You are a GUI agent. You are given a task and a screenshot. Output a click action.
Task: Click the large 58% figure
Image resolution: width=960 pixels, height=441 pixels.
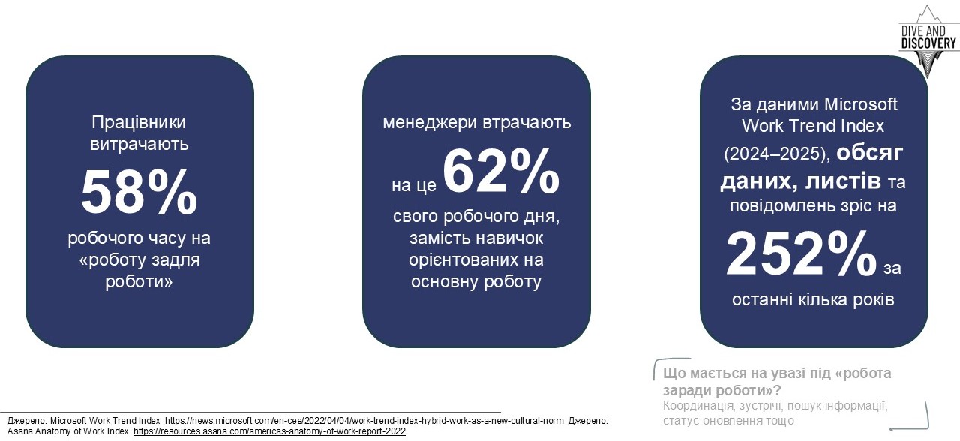point(139,192)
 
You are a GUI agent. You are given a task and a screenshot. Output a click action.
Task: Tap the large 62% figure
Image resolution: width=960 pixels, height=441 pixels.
point(500,172)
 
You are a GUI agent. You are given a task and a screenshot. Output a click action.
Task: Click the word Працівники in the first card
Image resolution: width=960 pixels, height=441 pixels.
point(139,122)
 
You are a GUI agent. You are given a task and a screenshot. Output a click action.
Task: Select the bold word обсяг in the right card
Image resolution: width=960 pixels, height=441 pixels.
point(870,153)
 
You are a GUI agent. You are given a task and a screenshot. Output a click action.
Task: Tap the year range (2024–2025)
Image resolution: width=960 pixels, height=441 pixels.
point(776,154)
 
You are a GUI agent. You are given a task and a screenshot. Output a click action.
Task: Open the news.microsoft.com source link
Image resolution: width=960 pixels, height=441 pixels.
point(364,421)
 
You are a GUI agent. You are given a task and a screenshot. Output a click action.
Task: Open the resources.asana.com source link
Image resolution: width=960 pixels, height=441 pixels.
point(269,431)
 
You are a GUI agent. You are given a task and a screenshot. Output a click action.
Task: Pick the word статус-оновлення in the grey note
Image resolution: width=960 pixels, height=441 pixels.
point(715,420)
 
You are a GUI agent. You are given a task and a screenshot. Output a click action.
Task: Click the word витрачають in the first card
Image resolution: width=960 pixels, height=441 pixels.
point(139,143)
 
